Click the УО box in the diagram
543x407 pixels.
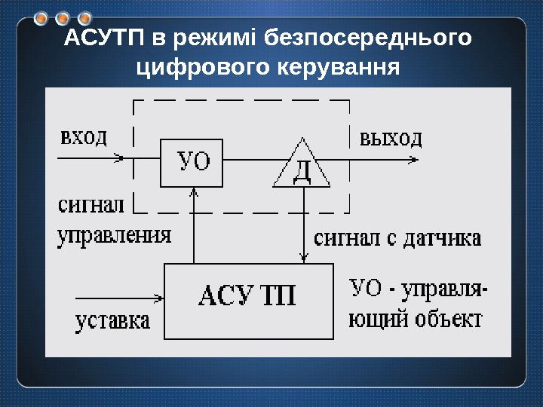click(x=192, y=162)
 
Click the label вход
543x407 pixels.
click(x=83, y=138)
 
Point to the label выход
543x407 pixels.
click(x=390, y=138)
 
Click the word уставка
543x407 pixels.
click(x=113, y=321)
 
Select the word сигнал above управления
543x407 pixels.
click(x=89, y=206)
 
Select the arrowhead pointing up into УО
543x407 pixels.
click(x=195, y=192)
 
